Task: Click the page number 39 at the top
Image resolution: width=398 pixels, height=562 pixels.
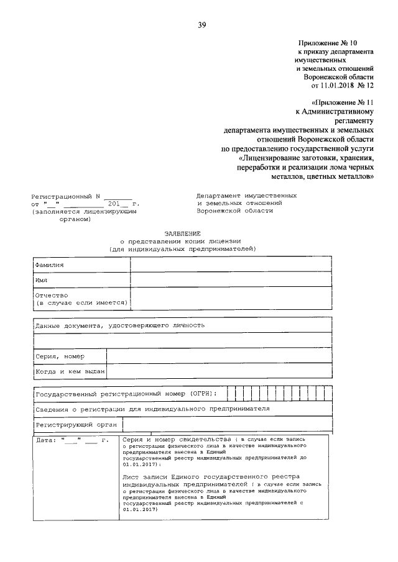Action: coord(201,25)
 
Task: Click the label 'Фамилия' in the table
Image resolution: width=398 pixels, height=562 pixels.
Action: coord(50,265)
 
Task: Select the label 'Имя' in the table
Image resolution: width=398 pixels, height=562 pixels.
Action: coord(42,280)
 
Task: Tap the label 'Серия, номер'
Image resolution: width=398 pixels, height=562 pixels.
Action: coord(60,356)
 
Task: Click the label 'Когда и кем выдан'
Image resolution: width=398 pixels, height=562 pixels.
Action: coord(70,371)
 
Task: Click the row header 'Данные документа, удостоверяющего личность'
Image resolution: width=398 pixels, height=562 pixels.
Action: coord(119,325)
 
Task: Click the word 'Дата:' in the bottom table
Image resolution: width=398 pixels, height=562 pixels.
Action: coord(47,440)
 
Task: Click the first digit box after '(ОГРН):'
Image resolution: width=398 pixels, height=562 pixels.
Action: coord(231,394)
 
